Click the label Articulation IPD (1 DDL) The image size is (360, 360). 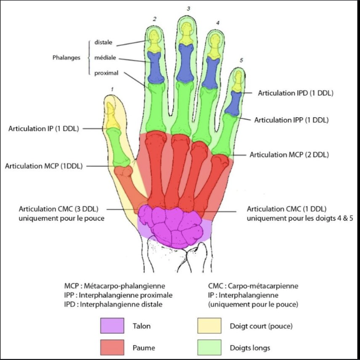click(296, 93)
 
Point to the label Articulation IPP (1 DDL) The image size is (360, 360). click(291, 120)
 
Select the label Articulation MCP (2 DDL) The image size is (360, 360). click(289, 155)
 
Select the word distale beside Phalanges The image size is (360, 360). click(103, 42)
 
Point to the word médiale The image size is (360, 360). click(104, 57)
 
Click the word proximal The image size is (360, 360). click(105, 72)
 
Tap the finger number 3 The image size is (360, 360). click(188, 9)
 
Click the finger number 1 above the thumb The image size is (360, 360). click(112, 89)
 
